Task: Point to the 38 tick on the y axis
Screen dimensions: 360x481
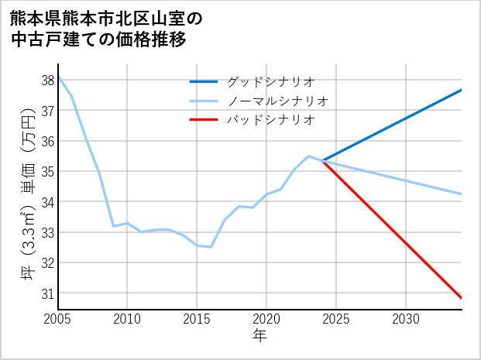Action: (x=48, y=81)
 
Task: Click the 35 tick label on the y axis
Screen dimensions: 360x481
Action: (x=48, y=172)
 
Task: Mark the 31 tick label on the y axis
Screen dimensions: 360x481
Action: (x=48, y=293)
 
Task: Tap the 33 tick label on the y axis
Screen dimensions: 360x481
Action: (x=48, y=232)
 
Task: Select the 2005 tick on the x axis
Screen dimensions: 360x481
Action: (x=58, y=319)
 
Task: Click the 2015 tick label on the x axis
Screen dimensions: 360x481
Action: (x=197, y=319)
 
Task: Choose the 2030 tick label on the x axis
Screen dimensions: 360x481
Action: (x=406, y=319)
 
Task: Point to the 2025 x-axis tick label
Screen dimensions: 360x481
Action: (x=336, y=319)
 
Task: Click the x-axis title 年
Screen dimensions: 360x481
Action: (x=260, y=335)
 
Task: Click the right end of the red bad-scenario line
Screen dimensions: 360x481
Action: (x=462, y=298)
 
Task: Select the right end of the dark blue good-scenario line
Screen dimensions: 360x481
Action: (x=462, y=90)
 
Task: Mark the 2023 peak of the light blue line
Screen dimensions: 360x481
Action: (x=308, y=156)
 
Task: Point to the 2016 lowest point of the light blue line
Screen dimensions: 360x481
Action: (x=211, y=247)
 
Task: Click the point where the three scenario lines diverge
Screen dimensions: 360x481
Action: (x=322, y=160)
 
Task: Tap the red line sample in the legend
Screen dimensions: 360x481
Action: (x=204, y=120)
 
